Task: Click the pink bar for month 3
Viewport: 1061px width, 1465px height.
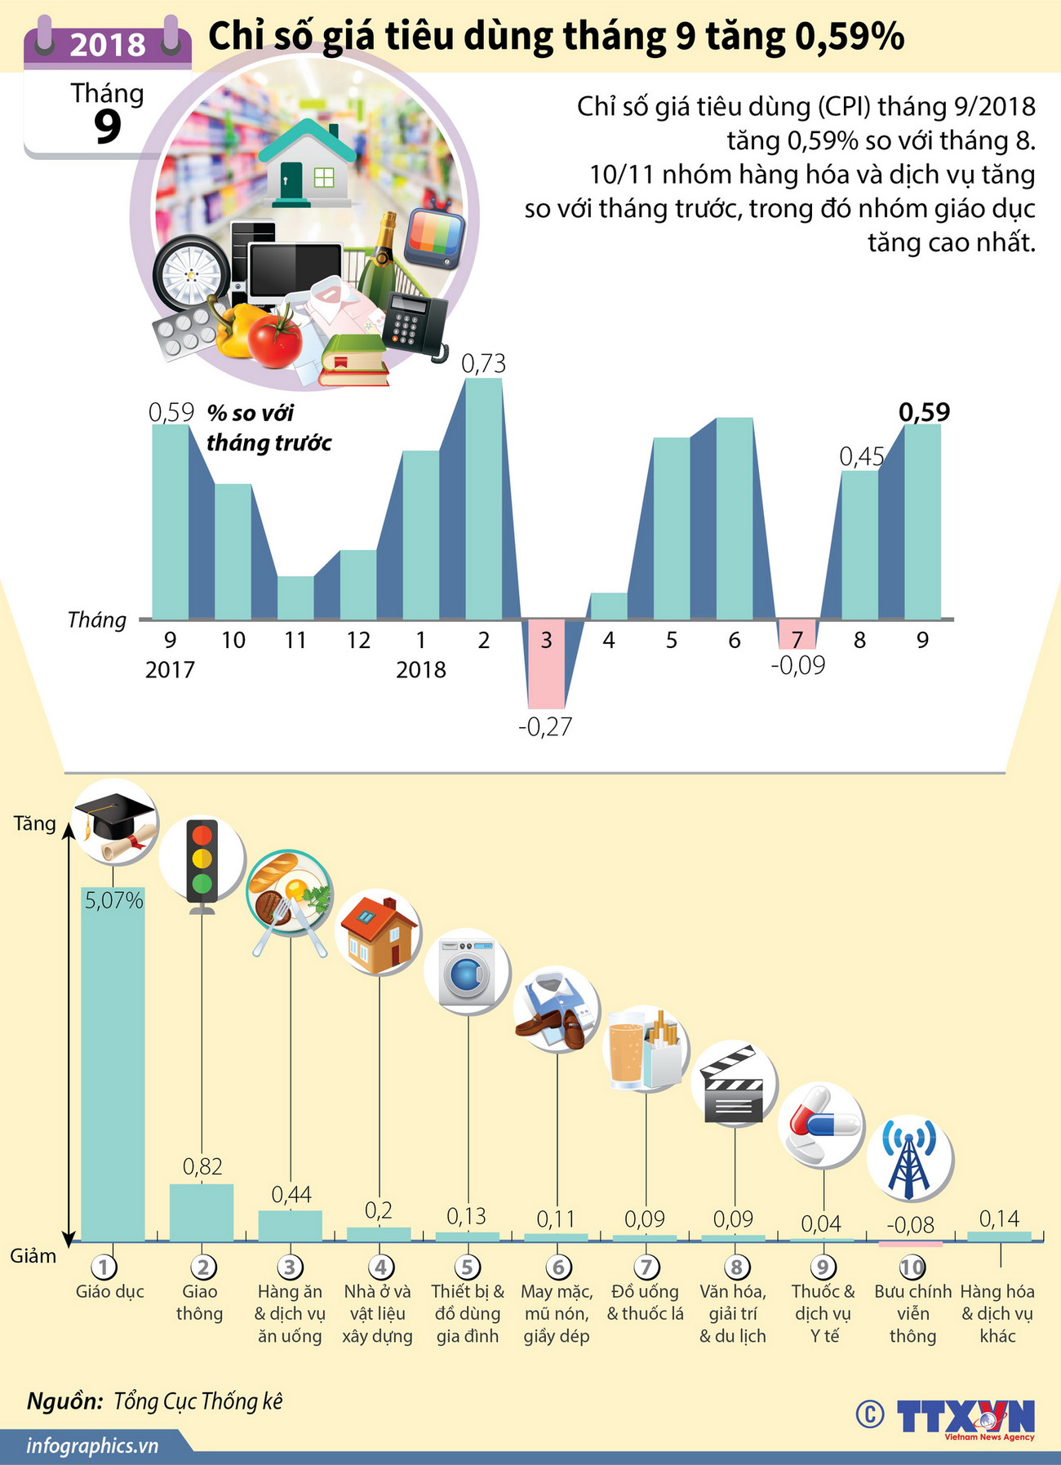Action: coord(546,663)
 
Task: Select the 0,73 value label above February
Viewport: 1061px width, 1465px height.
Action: coord(483,363)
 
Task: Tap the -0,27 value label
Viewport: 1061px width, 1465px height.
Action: coord(545,726)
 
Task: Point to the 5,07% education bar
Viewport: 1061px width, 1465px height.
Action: coord(113,1061)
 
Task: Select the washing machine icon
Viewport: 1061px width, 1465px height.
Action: coord(467,971)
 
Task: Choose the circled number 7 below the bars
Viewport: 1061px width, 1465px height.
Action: coord(646,1267)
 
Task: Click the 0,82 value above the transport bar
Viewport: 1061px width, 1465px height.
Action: coord(202,1166)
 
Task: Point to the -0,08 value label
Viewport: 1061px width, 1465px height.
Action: coord(910,1224)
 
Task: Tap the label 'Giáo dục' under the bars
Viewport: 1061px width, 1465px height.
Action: coord(110,1291)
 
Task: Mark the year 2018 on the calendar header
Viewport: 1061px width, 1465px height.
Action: coord(108,44)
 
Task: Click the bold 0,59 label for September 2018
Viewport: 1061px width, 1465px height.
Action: coord(924,412)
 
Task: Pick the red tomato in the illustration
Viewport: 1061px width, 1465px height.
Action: coord(275,340)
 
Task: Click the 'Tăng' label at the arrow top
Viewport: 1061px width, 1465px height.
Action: coord(35,824)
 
